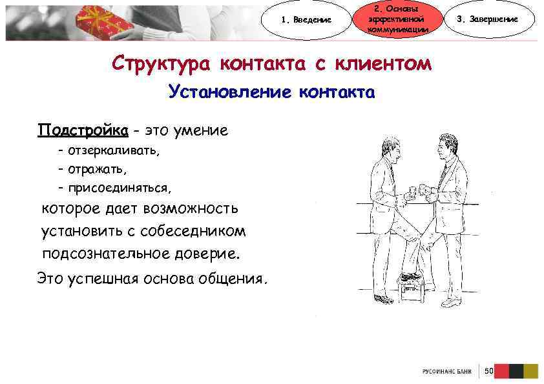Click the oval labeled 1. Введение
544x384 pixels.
click(x=308, y=20)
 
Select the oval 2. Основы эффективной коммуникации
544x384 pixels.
click(x=397, y=19)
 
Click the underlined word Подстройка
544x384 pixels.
click(x=82, y=130)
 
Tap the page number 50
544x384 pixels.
click(x=488, y=370)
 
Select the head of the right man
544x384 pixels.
click(x=446, y=143)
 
